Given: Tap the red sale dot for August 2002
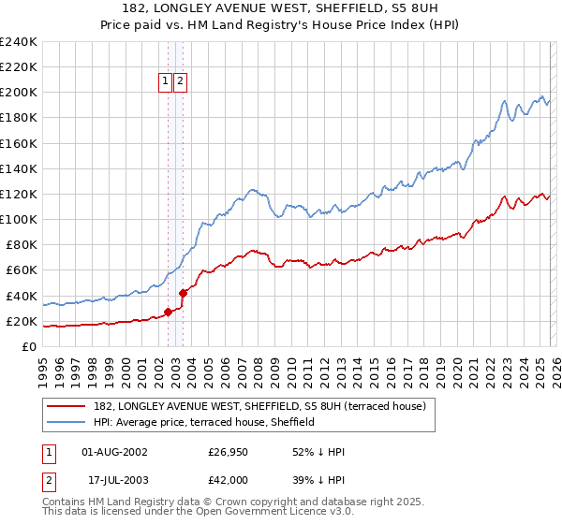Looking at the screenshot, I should click(168, 312).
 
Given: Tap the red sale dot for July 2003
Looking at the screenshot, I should click(184, 293).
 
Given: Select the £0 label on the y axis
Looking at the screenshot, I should click(30, 347).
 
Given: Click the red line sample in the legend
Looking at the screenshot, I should click(67, 406).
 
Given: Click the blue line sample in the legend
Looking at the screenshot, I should click(67, 422).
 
